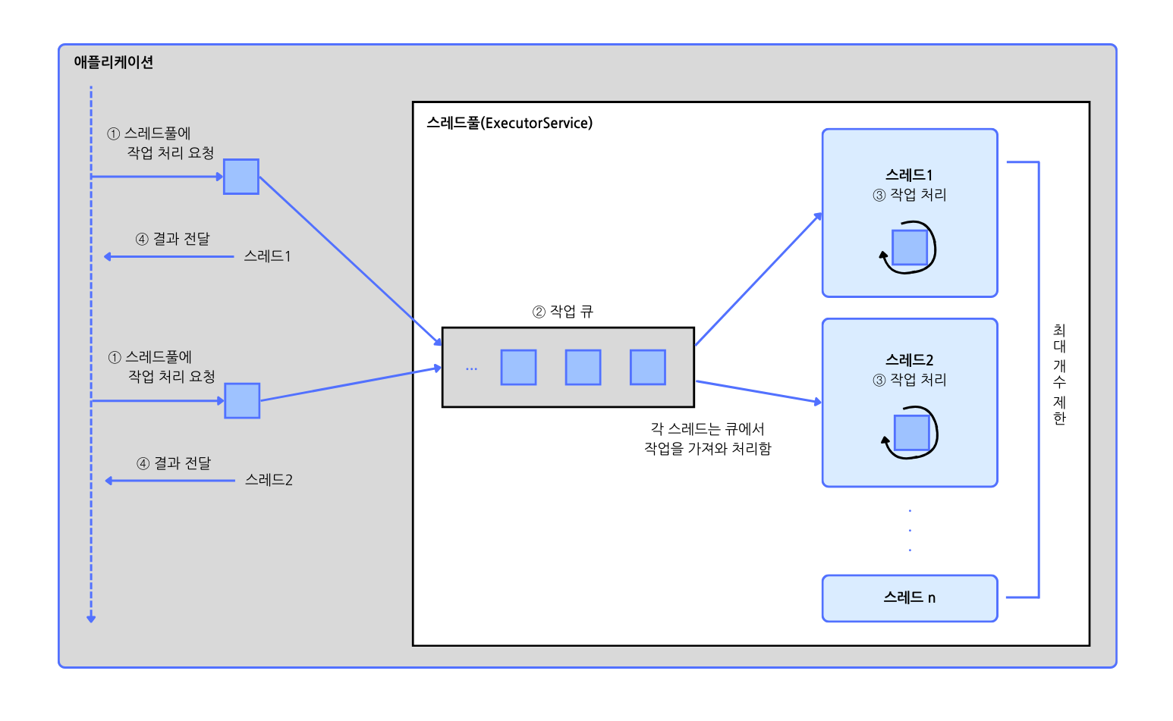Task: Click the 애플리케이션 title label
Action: (x=114, y=62)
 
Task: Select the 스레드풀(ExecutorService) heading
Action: (x=509, y=123)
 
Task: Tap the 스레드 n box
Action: (x=909, y=598)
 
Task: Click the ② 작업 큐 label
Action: (x=563, y=312)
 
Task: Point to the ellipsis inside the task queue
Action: (x=471, y=368)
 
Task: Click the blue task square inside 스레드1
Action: (x=910, y=247)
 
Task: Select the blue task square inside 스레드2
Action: (x=912, y=433)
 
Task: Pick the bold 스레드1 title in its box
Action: (x=909, y=175)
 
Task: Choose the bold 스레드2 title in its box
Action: (x=909, y=360)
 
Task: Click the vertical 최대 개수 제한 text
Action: (x=1059, y=375)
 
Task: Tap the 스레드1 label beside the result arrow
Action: (x=267, y=256)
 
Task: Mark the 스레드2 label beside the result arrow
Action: (x=269, y=480)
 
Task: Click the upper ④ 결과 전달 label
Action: (x=173, y=239)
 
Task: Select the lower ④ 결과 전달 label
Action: (x=174, y=463)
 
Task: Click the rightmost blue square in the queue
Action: (x=647, y=368)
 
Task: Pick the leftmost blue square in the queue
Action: (x=518, y=368)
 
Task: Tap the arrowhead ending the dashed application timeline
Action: (x=91, y=619)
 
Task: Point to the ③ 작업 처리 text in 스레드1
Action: (x=910, y=195)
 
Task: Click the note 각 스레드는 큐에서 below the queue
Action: (x=707, y=429)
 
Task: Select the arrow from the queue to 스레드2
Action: (x=759, y=392)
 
